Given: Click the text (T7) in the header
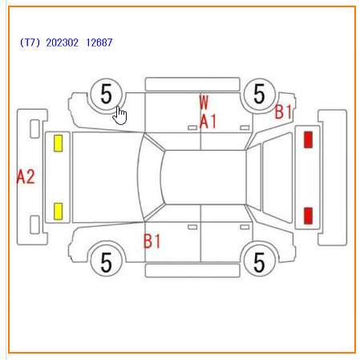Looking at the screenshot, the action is pyautogui.click(x=30, y=42).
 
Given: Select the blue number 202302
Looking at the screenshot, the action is pyautogui.click(x=63, y=42).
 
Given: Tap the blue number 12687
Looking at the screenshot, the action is pyautogui.click(x=99, y=42).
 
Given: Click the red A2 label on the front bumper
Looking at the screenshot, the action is pyautogui.click(x=26, y=176).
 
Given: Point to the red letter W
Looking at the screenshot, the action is pyautogui.click(x=204, y=102).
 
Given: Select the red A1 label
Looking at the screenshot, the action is pyautogui.click(x=208, y=122).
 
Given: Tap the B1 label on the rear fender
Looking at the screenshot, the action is pyautogui.click(x=283, y=111).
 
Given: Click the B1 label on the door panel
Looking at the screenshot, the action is pyautogui.click(x=152, y=241).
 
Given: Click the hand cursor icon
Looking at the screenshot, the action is pyautogui.click(x=119, y=115).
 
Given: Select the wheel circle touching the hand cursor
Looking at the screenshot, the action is pyautogui.click(x=107, y=94).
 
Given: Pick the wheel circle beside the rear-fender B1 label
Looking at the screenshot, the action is pyautogui.click(x=259, y=94).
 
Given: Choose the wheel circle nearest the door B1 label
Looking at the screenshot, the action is pyautogui.click(x=107, y=262).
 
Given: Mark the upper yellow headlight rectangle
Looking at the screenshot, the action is pyautogui.click(x=59, y=144).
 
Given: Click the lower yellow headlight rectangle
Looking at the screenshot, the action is pyautogui.click(x=59, y=212).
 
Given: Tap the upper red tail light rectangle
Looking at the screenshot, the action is pyautogui.click(x=308, y=140).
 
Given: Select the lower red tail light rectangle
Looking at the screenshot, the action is pyautogui.click(x=308, y=216).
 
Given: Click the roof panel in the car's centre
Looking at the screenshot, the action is pyautogui.click(x=204, y=177).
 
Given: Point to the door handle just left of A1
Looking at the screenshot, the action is pyautogui.click(x=192, y=127).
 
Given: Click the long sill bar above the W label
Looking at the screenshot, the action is pyautogui.click(x=192, y=84).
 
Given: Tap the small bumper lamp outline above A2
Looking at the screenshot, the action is pyautogui.click(x=34, y=129).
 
